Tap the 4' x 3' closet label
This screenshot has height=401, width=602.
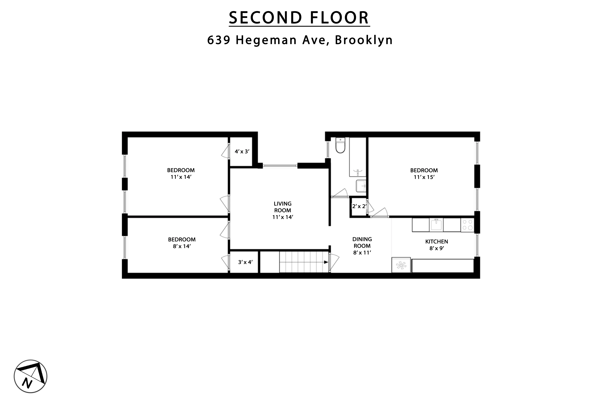tap(242, 151)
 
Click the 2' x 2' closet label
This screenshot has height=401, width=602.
tap(359, 206)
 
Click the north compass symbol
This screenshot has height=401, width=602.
tap(30, 376)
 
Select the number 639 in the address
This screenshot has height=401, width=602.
tap(219, 40)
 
